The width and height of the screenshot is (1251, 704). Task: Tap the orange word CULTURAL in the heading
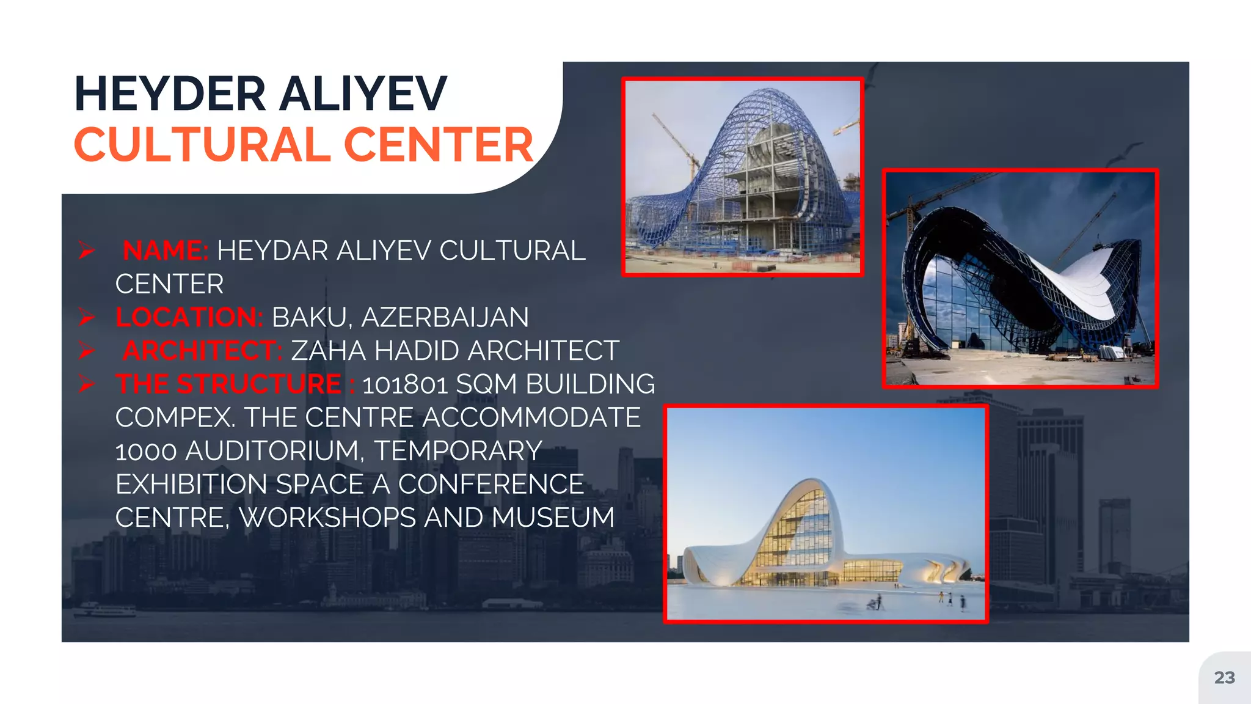203,145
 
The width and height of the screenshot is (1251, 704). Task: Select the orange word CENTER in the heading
439,145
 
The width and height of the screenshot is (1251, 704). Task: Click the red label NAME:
166,251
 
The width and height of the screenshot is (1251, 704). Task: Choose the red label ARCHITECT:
202,351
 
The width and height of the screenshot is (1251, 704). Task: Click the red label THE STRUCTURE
228,384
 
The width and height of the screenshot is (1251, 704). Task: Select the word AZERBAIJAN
445,317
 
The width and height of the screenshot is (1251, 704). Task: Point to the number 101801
405,384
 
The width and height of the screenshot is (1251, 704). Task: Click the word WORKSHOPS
327,518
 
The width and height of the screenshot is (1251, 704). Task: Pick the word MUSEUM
553,518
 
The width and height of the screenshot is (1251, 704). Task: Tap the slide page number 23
1224,678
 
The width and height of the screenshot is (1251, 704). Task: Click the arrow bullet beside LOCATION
86,317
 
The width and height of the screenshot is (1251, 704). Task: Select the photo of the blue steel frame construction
742,177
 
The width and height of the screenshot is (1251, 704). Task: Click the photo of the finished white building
826,514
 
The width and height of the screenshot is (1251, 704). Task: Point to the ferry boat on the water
105,610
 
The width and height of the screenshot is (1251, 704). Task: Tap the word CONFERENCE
491,485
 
